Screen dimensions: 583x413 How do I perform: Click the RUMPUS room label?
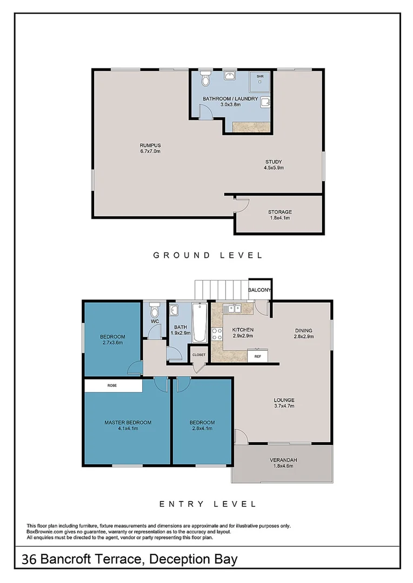point(150,145)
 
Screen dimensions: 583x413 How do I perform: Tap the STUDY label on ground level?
point(274,161)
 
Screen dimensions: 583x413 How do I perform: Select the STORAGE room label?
point(279,212)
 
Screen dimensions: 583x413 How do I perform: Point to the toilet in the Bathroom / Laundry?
point(205,80)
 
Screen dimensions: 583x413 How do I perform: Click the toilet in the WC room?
point(154,311)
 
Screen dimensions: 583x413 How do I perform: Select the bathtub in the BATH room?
point(199,323)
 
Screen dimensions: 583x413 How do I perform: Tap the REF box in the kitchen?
point(258,356)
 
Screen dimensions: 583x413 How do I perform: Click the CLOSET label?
point(198,355)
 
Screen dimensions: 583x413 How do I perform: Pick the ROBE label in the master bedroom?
point(112,386)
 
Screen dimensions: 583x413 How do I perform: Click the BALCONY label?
point(259,290)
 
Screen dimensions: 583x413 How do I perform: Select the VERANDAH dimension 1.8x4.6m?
point(284,467)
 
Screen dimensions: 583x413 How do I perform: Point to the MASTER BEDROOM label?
point(128,422)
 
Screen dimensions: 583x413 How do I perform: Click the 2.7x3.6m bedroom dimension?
point(112,343)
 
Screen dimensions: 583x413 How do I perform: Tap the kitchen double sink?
point(234,309)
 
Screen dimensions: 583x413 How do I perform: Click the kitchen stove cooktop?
point(217,335)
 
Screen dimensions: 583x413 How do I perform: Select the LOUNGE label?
point(284,400)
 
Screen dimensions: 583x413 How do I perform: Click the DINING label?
point(303,330)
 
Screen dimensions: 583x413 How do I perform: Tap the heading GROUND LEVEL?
point(208,255)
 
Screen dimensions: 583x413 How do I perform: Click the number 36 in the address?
point(29,559)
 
